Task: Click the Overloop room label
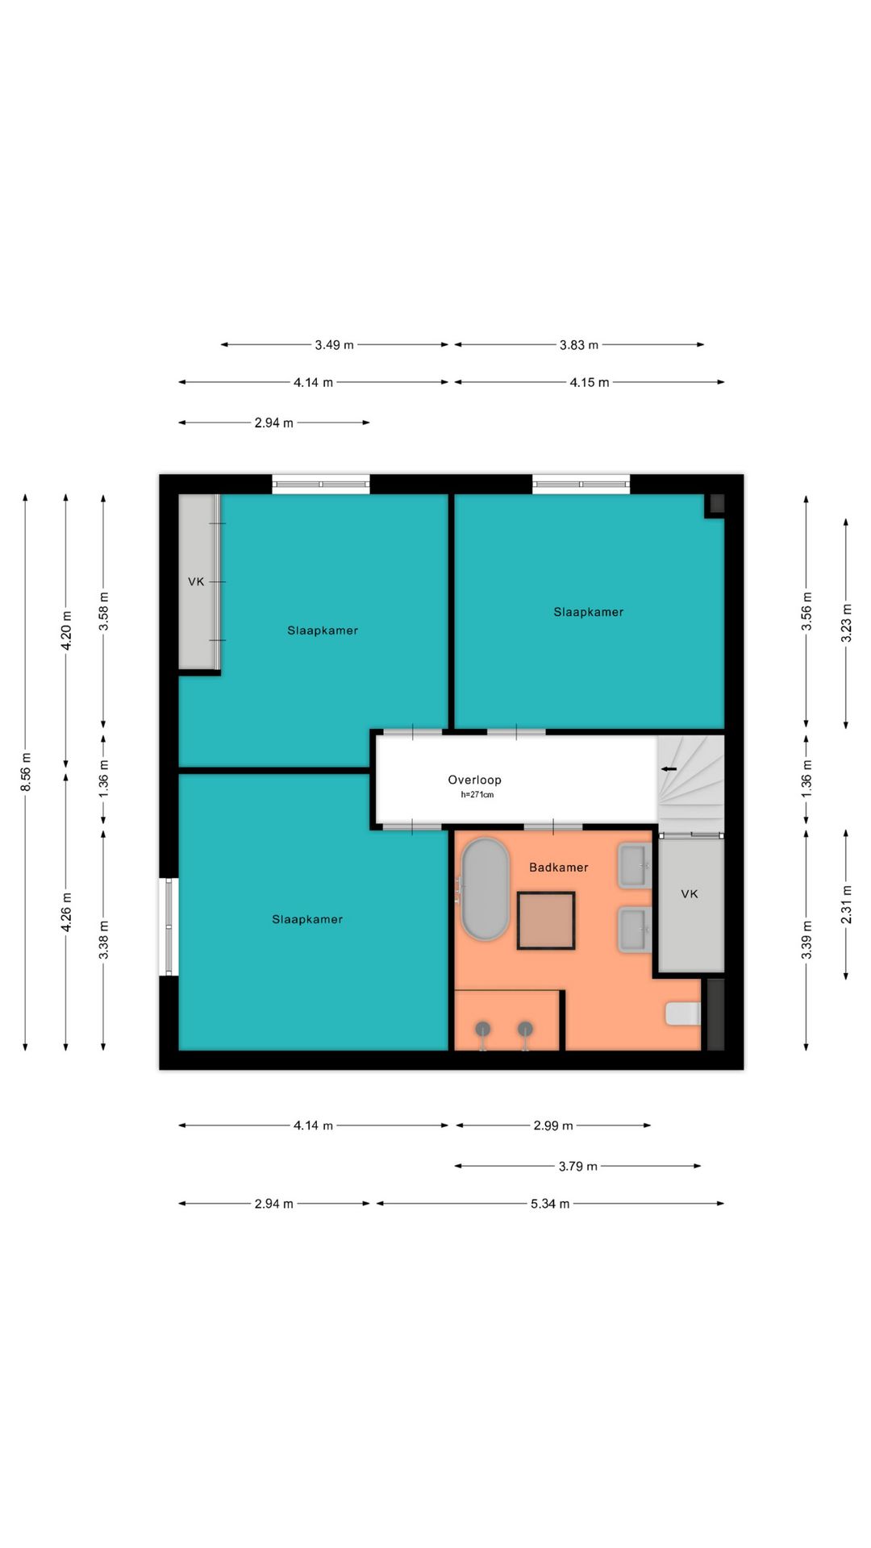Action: point(474,780)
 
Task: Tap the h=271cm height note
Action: point(477,795)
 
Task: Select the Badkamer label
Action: point(558,868)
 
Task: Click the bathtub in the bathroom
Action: point(484,889)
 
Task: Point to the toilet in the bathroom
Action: point(683,1013)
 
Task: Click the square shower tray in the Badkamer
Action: point(546,921)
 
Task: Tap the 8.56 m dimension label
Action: point(26,772)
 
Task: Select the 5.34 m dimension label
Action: point(550,1204)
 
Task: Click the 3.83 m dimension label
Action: point(579,345)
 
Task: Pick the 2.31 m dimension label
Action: point(846,905)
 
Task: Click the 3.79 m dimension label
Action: point(578,1166)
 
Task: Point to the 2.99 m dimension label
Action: point(553,1126)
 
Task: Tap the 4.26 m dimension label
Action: point(66,913)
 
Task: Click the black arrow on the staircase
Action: point(669,769)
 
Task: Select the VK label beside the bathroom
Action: point(690,894)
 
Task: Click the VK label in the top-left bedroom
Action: point(196,581)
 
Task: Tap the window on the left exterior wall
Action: point(169,926)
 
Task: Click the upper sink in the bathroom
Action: point(635,866)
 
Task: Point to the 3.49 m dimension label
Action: point(334,345)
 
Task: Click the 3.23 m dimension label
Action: point(846,623)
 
